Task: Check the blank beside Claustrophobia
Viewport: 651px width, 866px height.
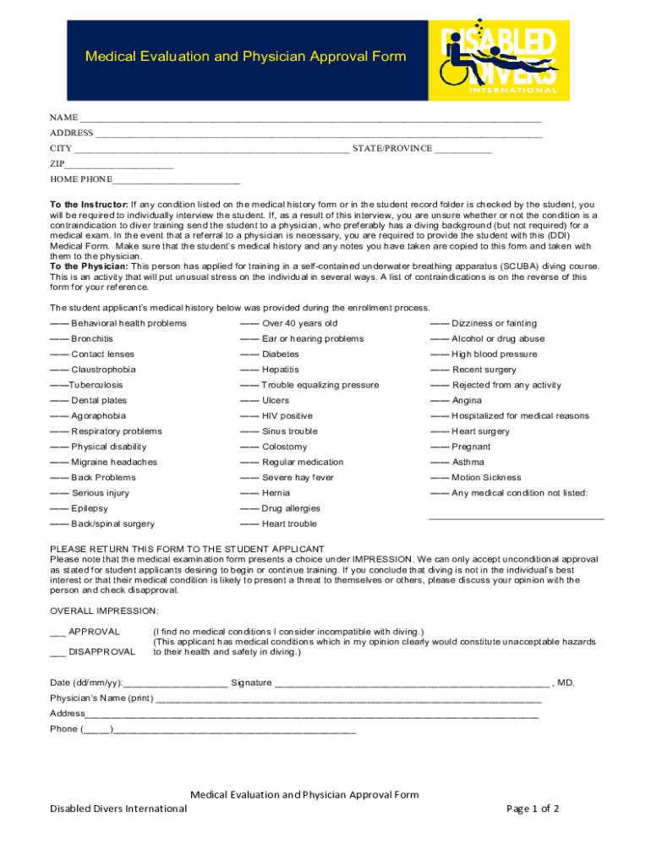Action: [58, 370]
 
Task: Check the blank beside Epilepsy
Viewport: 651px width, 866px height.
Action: [58, 509]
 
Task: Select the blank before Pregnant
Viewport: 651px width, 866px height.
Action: [439, 447]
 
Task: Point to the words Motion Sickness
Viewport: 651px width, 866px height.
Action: [486, 478]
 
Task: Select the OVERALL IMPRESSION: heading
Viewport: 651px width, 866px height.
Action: [104, 611]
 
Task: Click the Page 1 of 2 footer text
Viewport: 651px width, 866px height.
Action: [533, 808]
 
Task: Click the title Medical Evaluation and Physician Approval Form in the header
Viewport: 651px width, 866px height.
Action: [245, 57]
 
